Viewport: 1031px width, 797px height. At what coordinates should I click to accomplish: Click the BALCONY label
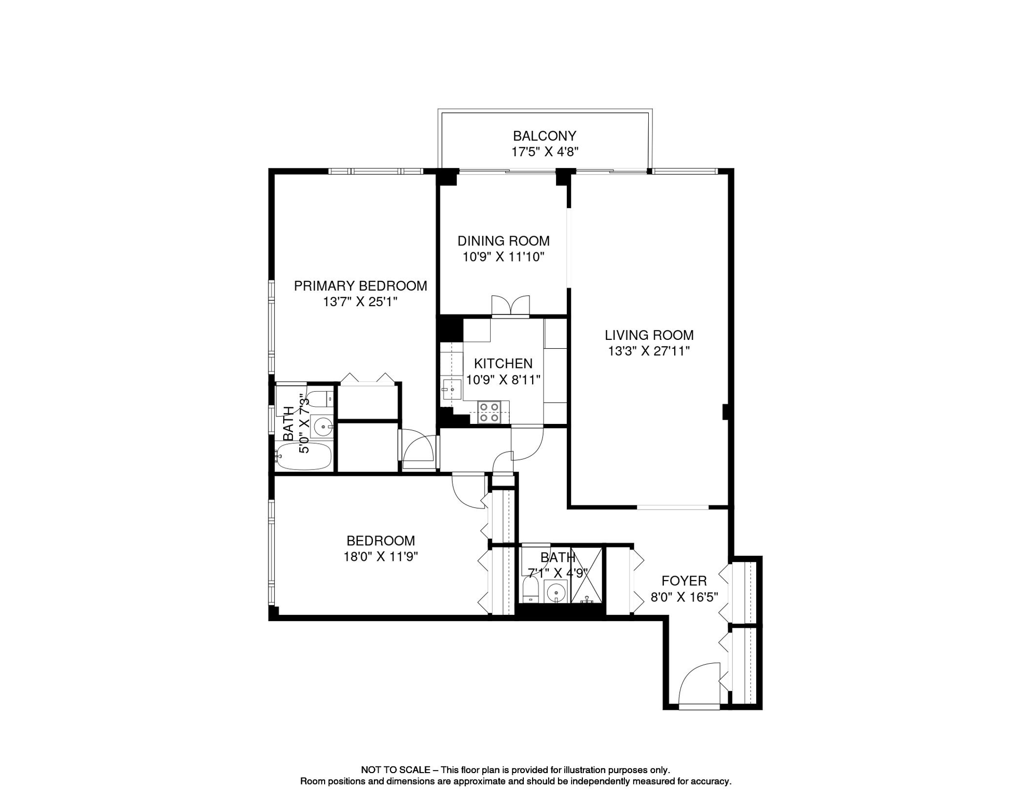tap(544, 136)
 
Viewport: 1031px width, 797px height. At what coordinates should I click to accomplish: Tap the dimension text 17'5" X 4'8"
tap(544, 152)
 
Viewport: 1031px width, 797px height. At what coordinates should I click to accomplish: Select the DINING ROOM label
tap(503, 241)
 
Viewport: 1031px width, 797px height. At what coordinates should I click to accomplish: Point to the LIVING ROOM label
tap(649, 335)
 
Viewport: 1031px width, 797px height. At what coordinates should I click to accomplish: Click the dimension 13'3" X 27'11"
tap(649, 351)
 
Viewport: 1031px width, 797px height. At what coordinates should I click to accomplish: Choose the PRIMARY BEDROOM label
tap(360, 286)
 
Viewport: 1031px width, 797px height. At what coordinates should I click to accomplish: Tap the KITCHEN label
tap(503, 363)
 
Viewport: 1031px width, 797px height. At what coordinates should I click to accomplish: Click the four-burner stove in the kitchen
tap(489, 413)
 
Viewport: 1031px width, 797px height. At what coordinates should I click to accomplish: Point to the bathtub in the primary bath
tap(303, 457)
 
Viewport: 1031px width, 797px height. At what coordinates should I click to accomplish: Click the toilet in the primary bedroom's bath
tap(317, 398)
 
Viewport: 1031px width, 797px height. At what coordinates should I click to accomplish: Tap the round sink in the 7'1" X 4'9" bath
tap(556, 592)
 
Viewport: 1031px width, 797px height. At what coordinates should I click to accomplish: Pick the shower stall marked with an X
tap(587, 575)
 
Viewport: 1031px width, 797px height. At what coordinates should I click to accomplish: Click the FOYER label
tap(684, 581)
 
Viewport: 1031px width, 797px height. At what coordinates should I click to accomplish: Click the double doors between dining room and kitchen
tap(510, 306)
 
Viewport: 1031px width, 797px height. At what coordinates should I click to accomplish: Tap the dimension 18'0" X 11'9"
tap(381, 557)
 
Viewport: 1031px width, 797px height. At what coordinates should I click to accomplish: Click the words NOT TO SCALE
tap(395, 770)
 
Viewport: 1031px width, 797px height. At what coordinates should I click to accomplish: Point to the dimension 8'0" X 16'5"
tap(684, 597)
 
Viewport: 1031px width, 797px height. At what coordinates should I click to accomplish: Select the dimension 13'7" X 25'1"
tap(360, 302)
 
